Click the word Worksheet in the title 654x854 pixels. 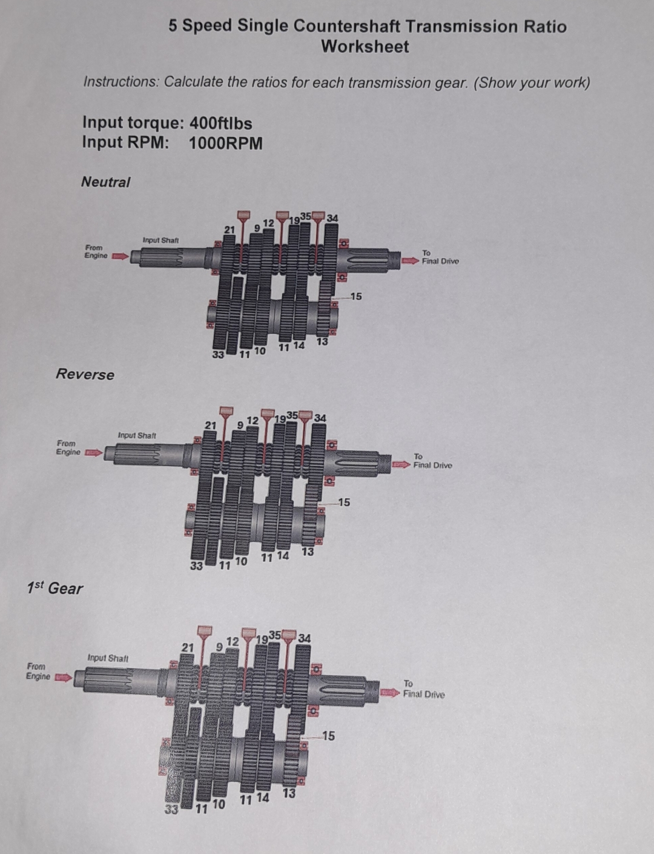(365, 47)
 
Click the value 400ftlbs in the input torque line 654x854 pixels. (220, 123)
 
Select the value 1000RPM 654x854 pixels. (225, 144)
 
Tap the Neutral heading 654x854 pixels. (105, 182)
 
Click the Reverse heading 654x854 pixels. (85, 374)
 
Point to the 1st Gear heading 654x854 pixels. (54, 588)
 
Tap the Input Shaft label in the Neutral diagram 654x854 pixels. (160, 240)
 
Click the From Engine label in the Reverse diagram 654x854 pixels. (68, 448)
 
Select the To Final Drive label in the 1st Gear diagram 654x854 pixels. (423, 690)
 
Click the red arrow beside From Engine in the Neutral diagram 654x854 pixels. (121, 256)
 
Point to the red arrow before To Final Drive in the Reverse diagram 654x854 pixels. (400, 464)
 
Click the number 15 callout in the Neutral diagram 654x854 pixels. (355, 296)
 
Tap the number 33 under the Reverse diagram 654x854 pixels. (196, 566)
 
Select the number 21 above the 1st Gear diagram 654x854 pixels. (188, 647)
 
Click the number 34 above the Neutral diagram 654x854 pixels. (332, 218)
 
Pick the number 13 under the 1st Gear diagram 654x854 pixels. (289, 793)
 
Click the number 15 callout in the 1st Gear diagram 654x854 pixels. (328, 736)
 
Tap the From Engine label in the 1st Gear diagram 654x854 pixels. (38, 671)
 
